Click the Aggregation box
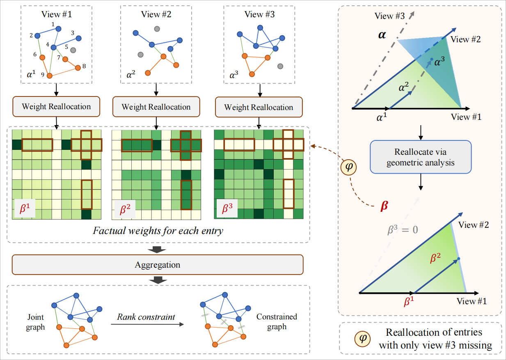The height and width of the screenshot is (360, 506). point(157,264)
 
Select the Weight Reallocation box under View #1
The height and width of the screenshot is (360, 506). point(56,106)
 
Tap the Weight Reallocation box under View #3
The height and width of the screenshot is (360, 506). point(259,107)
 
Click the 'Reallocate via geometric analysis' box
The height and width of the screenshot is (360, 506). point(421,157)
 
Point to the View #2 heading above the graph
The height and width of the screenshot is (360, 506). point(156,14)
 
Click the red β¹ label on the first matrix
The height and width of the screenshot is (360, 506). point(23,209)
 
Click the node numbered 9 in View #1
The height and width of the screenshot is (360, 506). point(50,76)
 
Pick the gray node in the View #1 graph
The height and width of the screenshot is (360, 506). point(73,50)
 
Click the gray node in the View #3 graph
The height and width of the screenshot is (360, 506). point(280,66)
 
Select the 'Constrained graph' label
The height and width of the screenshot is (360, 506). point(276,322)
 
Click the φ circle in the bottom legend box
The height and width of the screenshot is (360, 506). point(361,339)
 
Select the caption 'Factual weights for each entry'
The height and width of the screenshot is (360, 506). point(158,230)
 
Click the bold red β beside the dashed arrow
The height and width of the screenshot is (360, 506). point(384,206)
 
